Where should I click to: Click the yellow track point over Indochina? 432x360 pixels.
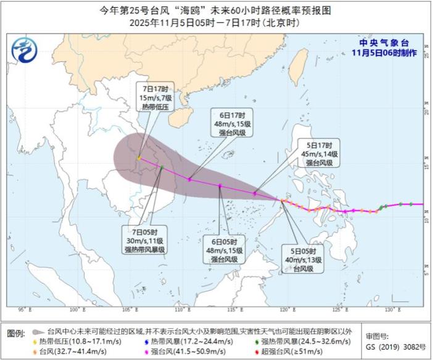(139, 158)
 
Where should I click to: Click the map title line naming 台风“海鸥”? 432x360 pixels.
(214, 10)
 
